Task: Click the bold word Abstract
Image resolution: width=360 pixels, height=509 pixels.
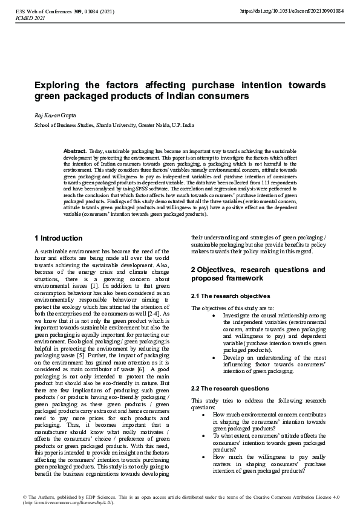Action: click(x=75, y=150)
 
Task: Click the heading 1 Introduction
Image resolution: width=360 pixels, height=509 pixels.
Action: click(x=58, y=238)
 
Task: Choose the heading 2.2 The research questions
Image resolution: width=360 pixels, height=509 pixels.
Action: click(x=230, y=388)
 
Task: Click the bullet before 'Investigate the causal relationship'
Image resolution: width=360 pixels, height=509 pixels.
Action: click(x=216, y=315)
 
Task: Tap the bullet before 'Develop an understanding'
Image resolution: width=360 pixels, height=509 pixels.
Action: click(x=216, y=358)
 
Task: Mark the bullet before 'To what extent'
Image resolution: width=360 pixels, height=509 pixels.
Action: click(x=201, y=435)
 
